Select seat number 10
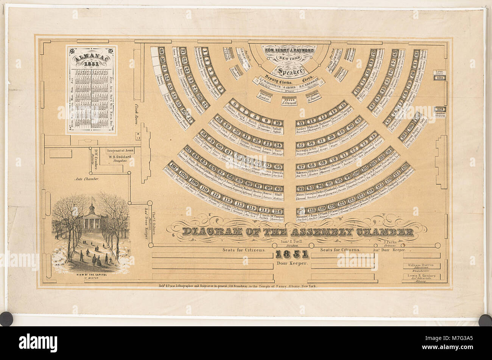tap(278, 123)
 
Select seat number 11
tap(301, 123)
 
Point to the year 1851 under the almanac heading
tap(91, 64)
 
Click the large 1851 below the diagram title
tap(292, 254)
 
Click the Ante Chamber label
tap(87, 179)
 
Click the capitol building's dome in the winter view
tap(91, 209)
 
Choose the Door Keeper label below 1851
tap(292, 263)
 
